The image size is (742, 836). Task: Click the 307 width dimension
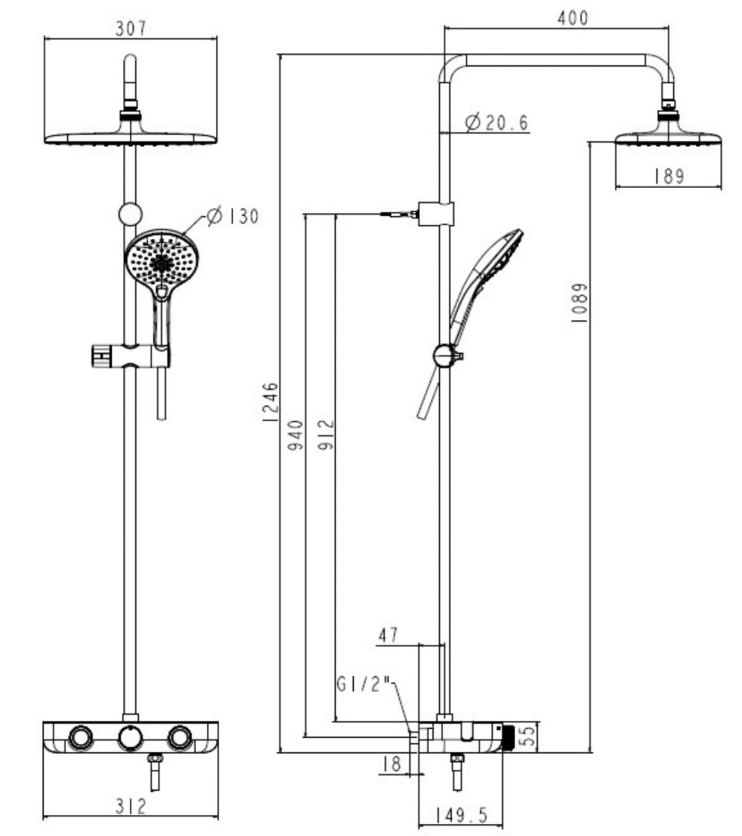click(131, 28)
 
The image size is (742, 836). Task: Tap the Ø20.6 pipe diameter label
click(497, 123)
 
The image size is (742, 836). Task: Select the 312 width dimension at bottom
click(131, 806)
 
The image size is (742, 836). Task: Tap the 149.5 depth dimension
click(461, 815)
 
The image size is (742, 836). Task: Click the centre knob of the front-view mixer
click(130, 738)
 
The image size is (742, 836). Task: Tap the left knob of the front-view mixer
click(80, 738)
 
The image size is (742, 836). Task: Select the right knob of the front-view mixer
click(180, 738)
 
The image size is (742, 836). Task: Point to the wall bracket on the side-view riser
click(435, 213)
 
